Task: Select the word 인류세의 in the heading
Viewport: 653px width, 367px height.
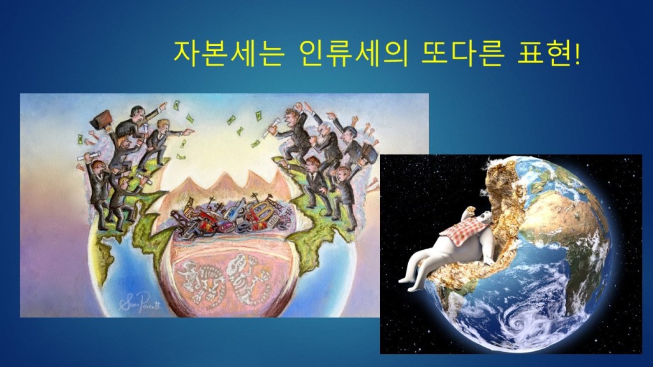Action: (x=353, y=54)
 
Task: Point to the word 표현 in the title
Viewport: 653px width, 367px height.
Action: (x=545, y=54)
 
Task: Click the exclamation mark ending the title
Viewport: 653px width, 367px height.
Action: (x=576, y=54)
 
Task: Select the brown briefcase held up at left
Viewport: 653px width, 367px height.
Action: (x=101, y=119)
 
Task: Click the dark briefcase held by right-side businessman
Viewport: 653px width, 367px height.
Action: (x=368, y=152)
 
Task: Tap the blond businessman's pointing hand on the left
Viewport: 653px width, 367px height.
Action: (x=188, y=133)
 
